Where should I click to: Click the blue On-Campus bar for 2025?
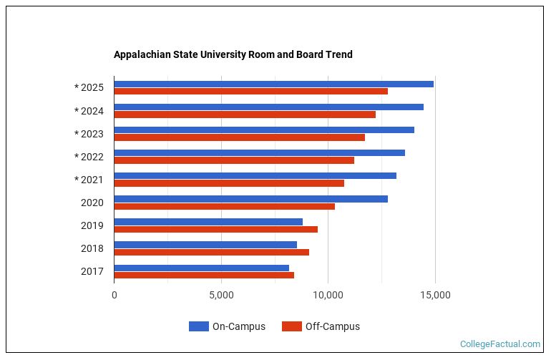273,84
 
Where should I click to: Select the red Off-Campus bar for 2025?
250,92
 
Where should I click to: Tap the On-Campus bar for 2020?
250,198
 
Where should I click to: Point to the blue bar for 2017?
201,268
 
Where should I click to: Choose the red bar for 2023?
239,137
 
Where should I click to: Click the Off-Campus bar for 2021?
229,183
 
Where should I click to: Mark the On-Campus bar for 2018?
205,244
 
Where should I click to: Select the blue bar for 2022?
259,152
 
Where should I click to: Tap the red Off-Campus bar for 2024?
245,115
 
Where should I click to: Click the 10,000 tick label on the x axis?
328,295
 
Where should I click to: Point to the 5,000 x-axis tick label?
221,295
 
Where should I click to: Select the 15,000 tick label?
435,295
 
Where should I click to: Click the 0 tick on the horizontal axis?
114,295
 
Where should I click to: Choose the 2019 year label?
92,225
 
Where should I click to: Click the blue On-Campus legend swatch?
198,326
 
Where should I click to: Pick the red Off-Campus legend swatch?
291,326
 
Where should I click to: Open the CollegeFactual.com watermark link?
499,344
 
